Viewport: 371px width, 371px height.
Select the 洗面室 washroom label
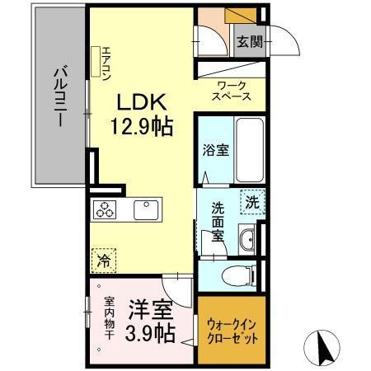coord(216,220)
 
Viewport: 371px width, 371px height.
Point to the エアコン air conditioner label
coord(106,62)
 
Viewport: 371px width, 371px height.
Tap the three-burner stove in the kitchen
coord(106,209)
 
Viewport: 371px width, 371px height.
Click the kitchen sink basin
coord(146,209)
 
